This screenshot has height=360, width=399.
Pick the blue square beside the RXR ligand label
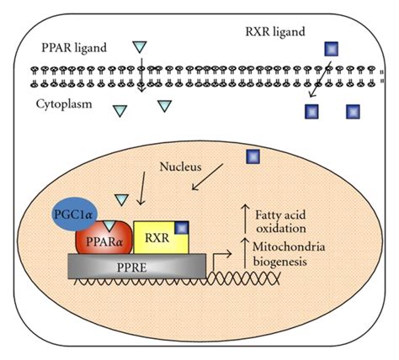327,49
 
